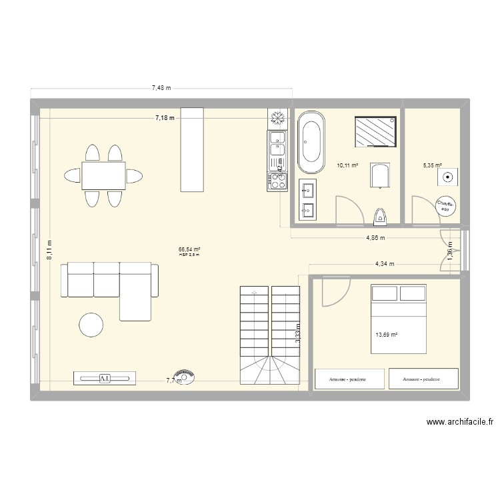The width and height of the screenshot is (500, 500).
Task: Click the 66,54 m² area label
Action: [189, 249]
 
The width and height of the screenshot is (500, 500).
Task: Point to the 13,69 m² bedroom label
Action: [387, 335]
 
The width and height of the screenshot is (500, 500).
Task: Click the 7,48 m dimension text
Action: [161, 87]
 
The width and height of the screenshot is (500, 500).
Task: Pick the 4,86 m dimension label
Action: [375, 237]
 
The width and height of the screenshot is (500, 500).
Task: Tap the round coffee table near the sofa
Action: [91, 325]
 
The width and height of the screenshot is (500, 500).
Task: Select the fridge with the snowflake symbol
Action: [277, 118]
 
